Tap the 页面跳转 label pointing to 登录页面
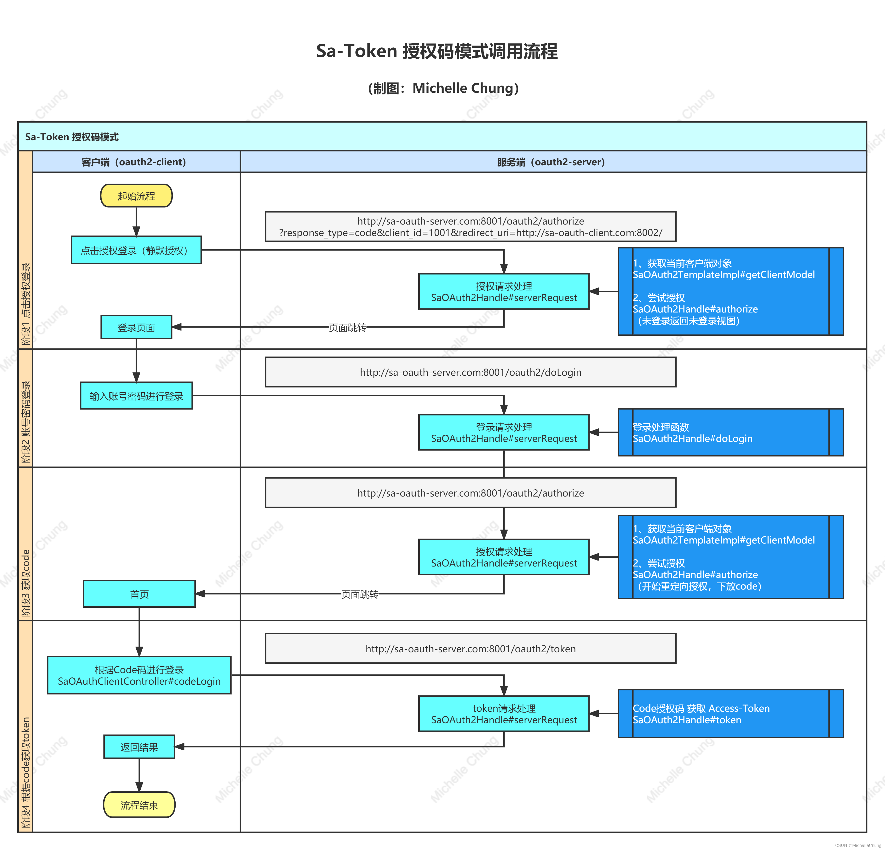point(347,327)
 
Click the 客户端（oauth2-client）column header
point(134,162)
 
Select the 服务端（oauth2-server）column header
point(551,162)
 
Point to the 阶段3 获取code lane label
point(26,583)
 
